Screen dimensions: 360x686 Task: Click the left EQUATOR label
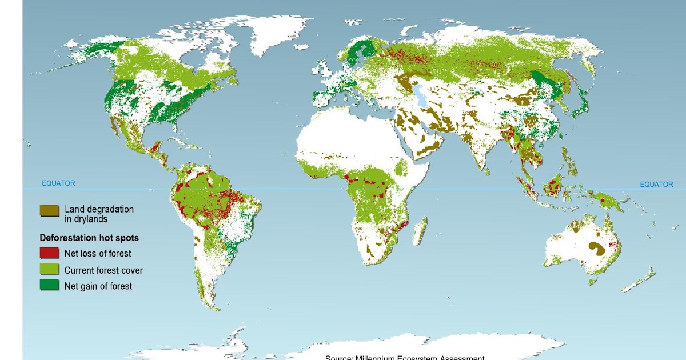click(x=58, y=183)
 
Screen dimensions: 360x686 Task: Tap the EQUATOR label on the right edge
click(x=656, y=185)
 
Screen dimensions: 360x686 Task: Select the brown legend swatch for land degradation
click(x=50, y=211)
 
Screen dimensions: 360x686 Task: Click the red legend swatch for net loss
click(x=50, y=253)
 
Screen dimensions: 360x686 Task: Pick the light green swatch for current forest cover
click(x=50, y=269)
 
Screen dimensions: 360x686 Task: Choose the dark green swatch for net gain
click(x=50, y=285)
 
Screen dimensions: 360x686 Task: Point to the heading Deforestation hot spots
click(x=89, y=238)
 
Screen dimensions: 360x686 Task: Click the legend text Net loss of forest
click(x=98, y=254)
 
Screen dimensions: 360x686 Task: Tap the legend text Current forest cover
click(x=103, y=270)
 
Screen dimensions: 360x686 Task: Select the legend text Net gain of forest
click(x=98, y=286)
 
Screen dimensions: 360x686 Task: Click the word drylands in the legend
click(x=86, y=219)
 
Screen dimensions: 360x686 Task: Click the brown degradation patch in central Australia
click(x=596, y=248)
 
